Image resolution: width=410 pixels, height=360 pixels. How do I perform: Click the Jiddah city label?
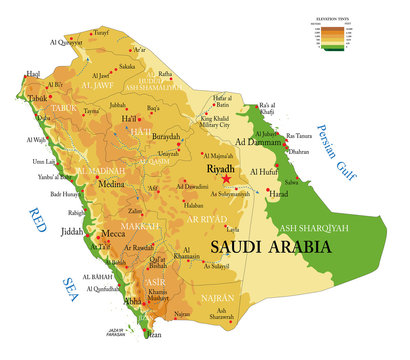(x=74, y=231)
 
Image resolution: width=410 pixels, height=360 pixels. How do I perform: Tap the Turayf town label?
(x=101, y=32)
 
